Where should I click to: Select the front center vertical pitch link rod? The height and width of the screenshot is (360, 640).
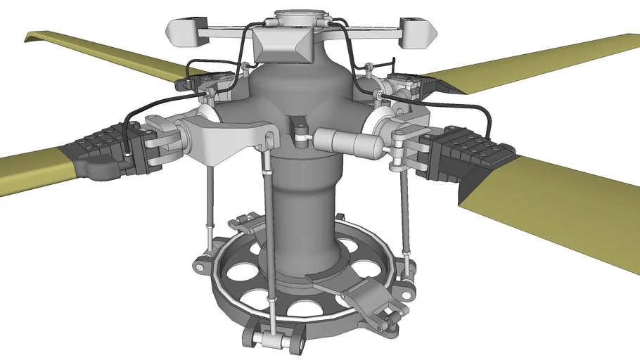tap(269, 225)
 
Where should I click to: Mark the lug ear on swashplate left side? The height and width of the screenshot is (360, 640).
tap(200, 266)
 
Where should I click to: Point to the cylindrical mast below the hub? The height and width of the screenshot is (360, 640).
tap(302, 211)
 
